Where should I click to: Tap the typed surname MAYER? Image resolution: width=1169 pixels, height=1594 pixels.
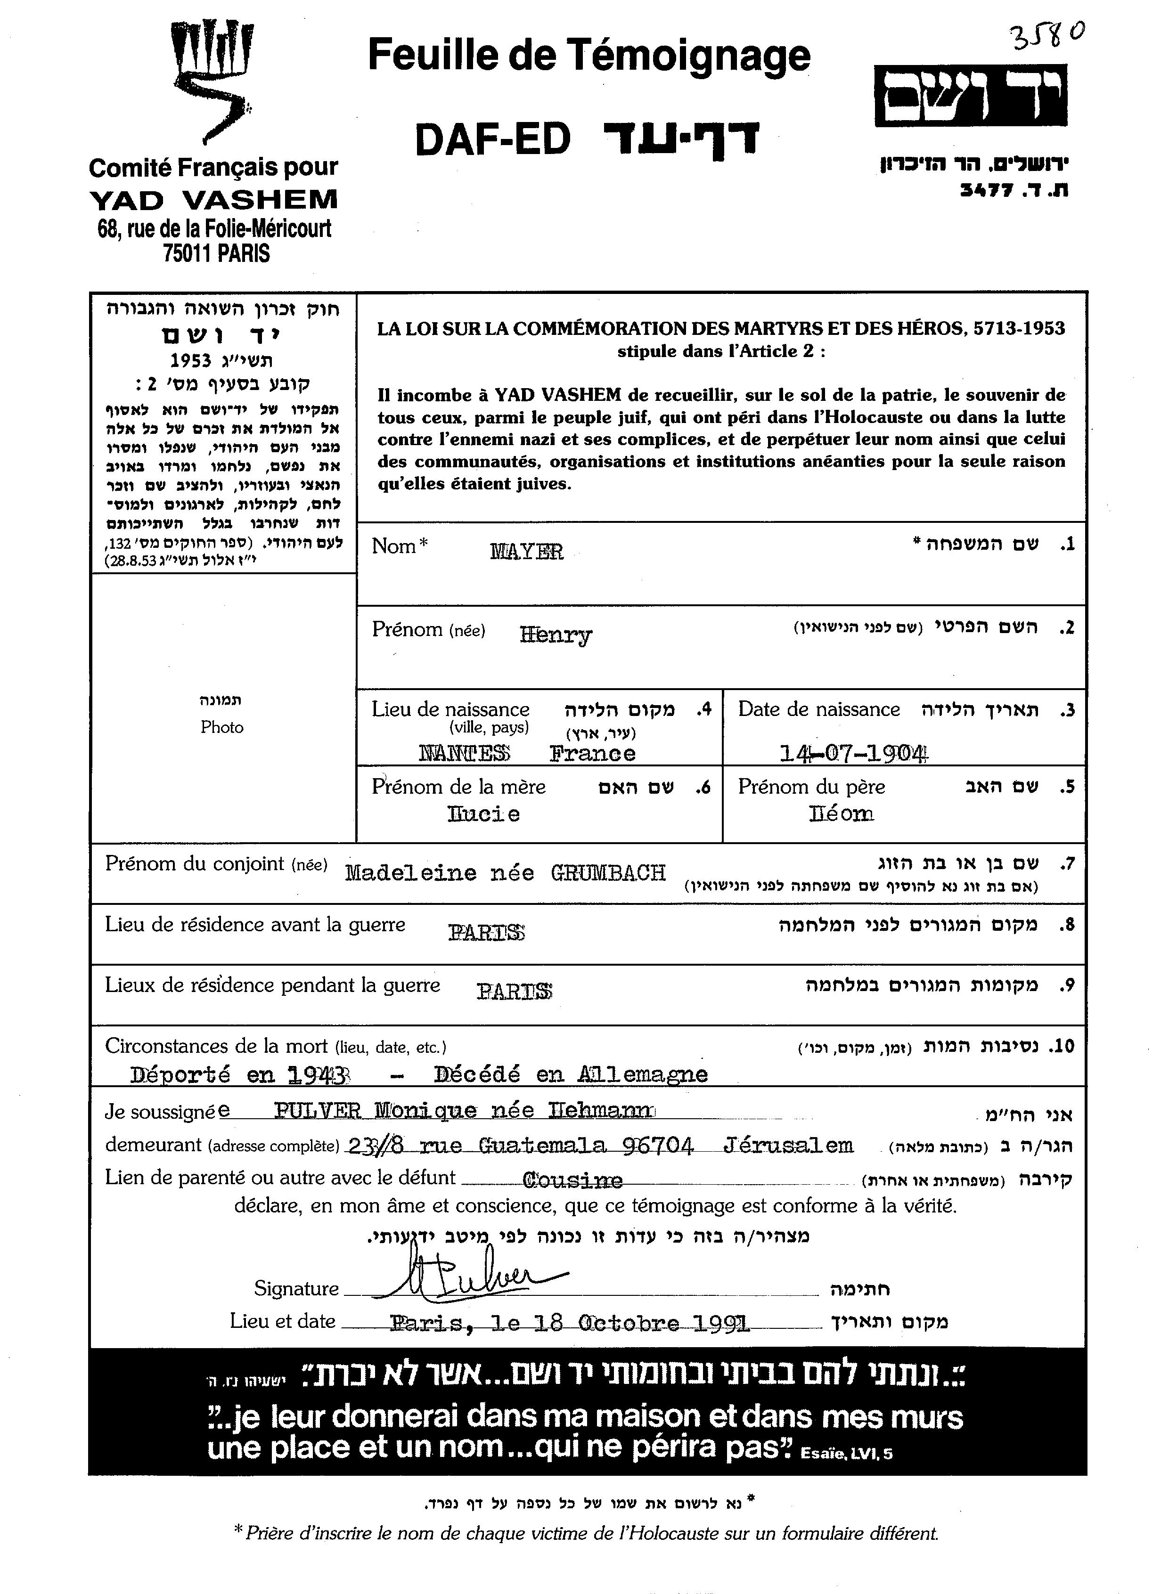526,552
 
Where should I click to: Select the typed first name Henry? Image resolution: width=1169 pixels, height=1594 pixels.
556,635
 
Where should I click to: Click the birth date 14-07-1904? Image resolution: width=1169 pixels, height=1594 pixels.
853,754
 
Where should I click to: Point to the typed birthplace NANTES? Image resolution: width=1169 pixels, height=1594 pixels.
464,754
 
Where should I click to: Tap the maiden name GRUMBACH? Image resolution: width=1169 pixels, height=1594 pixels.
609,873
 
